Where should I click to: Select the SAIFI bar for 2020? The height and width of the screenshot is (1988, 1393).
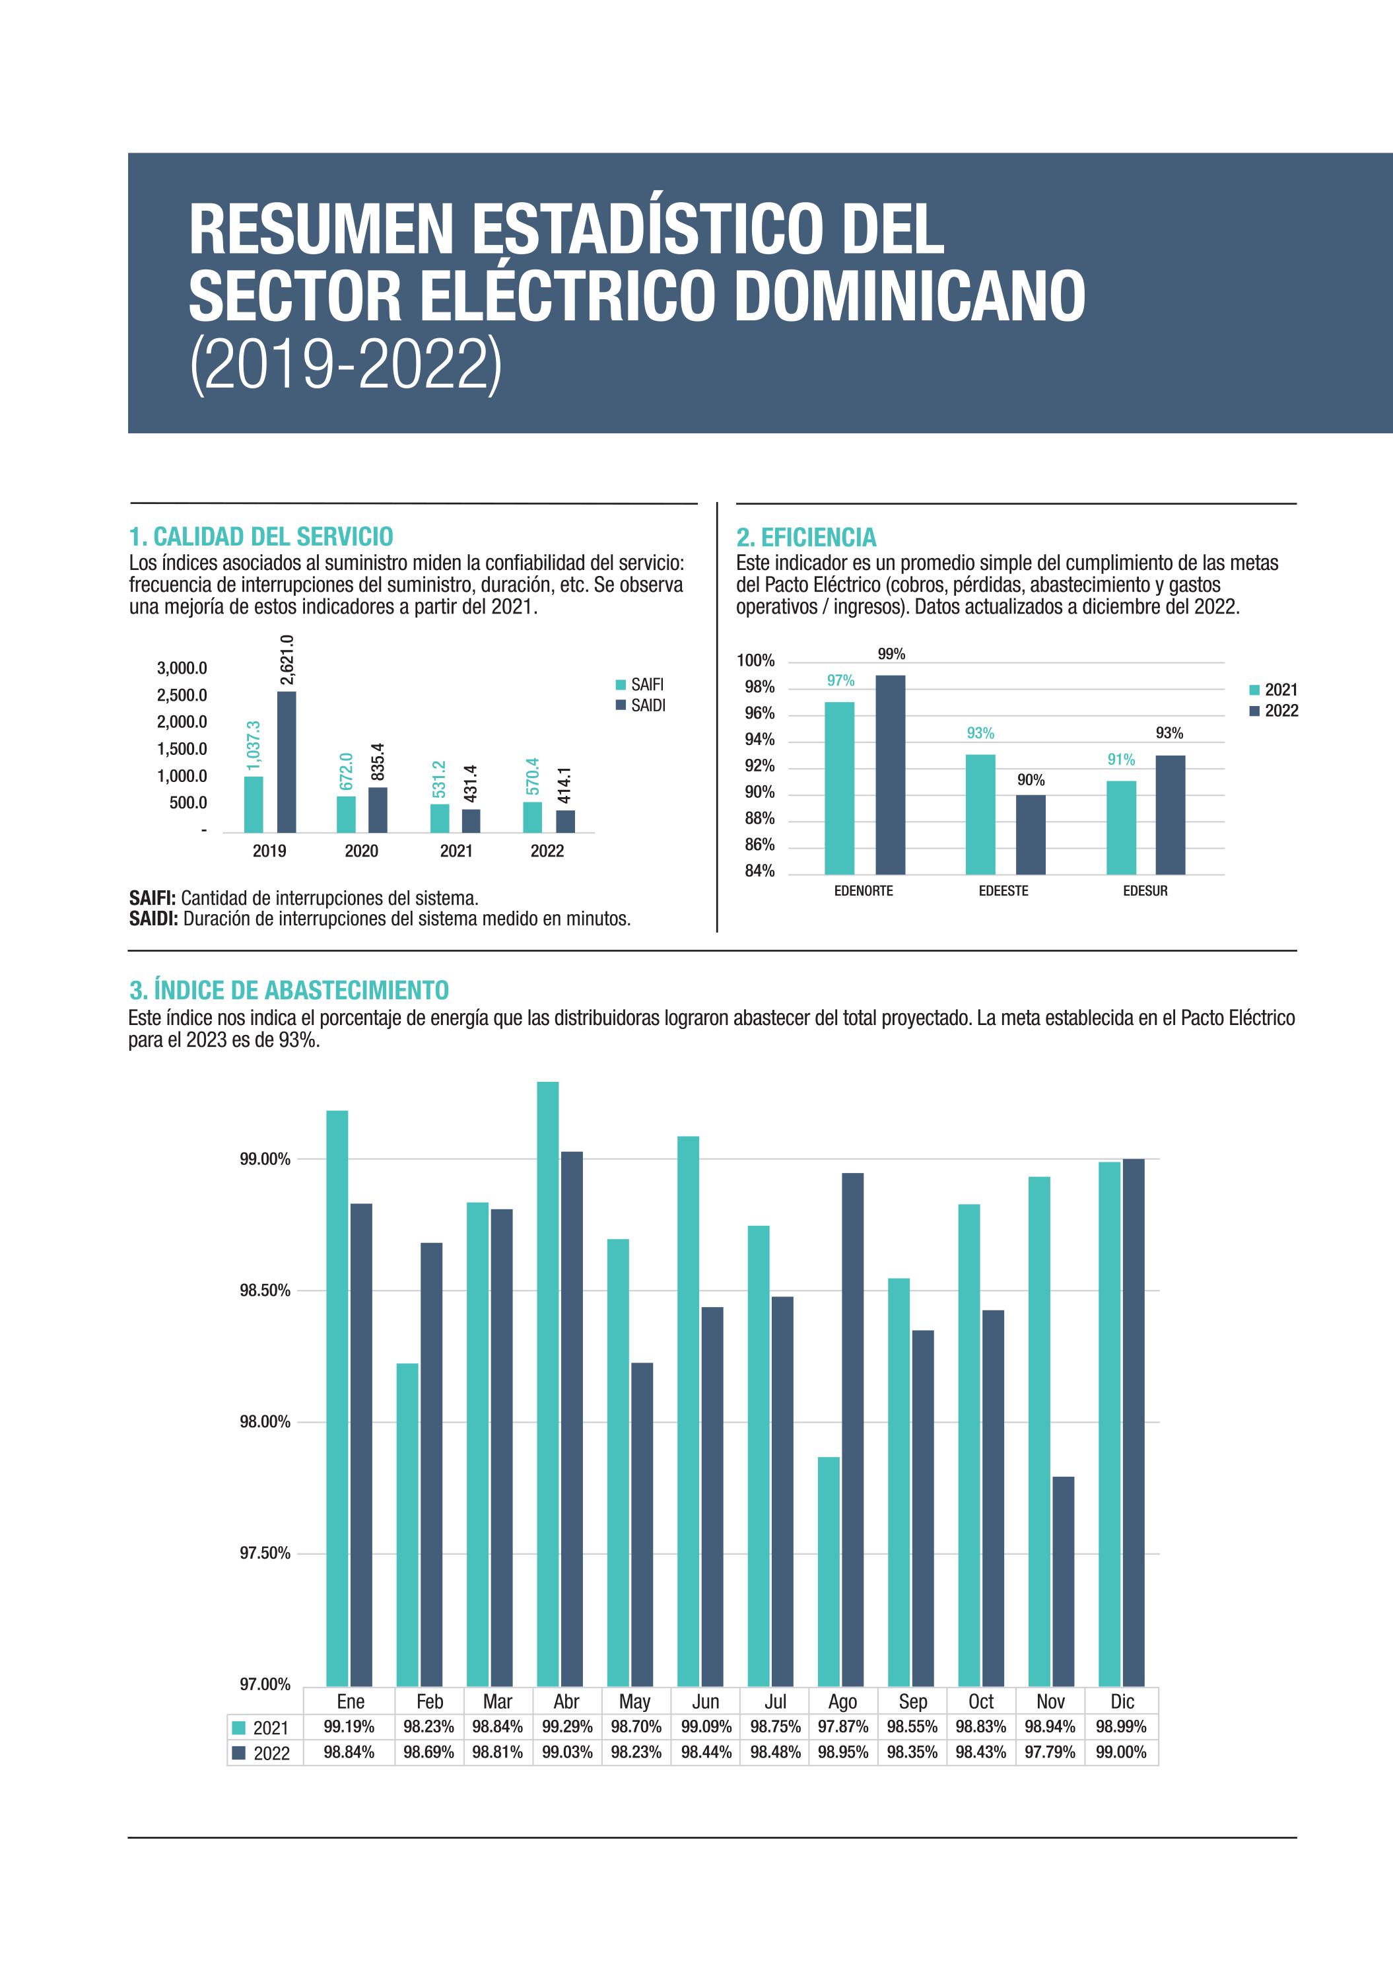point(347,813)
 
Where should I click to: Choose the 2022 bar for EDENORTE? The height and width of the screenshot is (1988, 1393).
point(890,774)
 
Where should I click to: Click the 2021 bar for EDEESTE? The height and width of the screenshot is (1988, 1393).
point(980,814)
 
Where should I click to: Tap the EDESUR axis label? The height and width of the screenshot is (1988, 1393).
point(1145,891)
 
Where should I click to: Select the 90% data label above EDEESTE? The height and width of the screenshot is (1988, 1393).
point(1031,780)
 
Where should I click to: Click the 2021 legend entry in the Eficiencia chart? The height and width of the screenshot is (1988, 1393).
point(1274,690)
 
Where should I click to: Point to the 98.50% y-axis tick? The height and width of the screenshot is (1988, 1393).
point(265,1290)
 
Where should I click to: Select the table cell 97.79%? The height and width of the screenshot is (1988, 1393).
point(1049,1752)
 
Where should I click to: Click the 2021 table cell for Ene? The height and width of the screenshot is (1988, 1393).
point(349,1726)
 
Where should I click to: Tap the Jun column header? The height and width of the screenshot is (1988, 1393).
point(706,1701)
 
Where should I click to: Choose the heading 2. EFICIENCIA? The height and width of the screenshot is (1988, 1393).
point(806,538)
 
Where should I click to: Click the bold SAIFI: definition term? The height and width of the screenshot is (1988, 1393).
point(153,898)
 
